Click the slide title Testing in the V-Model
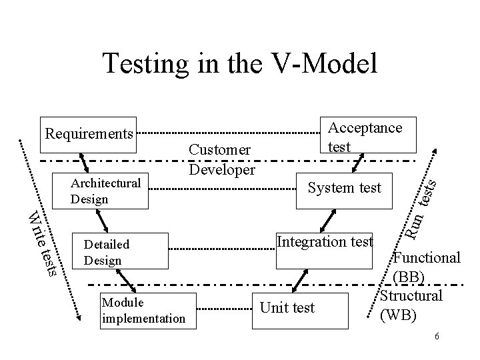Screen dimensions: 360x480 click(240, 63)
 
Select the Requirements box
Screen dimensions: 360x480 click(89, 133)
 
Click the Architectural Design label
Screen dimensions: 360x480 click(107, 191)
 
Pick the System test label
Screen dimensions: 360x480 click(344, 188)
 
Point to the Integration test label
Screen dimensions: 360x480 click(325, 241)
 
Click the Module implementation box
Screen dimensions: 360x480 click(143, 310)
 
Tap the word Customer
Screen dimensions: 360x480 click(219, 151)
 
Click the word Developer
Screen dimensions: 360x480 click(221, 169)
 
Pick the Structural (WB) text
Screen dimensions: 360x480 click(411, 304)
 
